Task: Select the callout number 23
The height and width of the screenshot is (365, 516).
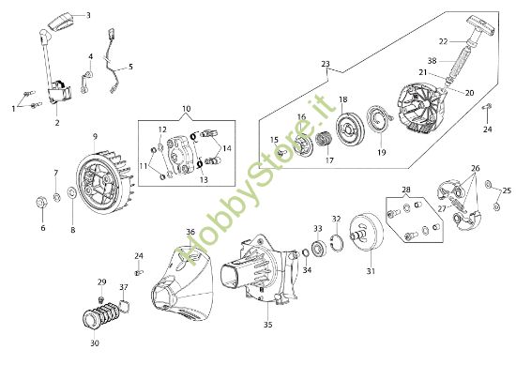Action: pyautogui.click(x=326, y=64)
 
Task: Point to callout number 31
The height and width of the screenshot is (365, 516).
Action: pyautogui.click(x=370, y=272)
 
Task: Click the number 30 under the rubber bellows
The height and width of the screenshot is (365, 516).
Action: pyautogui.click(x=94, y=342)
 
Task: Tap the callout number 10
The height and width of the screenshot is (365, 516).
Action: pyautogui.click(x=186, y=110)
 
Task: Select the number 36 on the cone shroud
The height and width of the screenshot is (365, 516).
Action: pyautogui.click(x=190, y=232)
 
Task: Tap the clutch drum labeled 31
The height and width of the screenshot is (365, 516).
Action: pyautogui.click(x=366, y=234)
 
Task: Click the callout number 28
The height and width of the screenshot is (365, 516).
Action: pyautogui.click(x=405, y=190)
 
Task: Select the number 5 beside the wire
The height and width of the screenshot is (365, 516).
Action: pyautogui.click(x=130, y=67)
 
